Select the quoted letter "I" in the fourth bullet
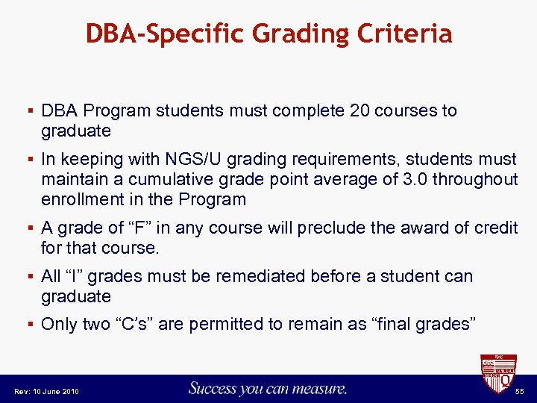[x=72, y=276]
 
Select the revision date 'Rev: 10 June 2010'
[x=45, y=391]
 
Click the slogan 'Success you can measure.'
[x=267, y=388]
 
